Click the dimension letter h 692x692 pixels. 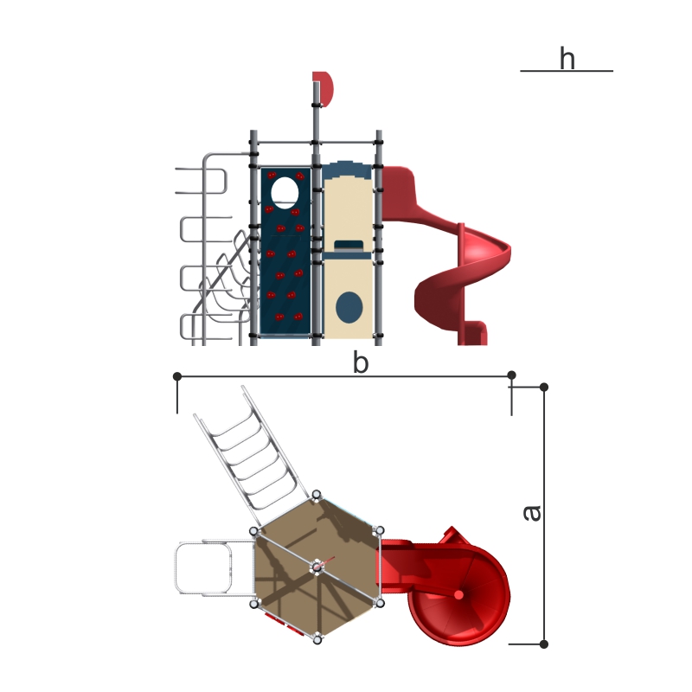tap(567, 58)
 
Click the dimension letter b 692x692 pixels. tap(361, 362)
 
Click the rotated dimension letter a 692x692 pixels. tap(532, 513)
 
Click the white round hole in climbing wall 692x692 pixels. tap(285, 192)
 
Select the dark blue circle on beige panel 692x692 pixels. tap(349, 307)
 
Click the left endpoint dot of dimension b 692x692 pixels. tap(177, 376)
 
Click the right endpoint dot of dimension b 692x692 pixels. tap(511, 375)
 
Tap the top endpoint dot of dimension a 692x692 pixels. tap(544, 387)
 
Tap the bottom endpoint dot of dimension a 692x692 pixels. tap(544, 644)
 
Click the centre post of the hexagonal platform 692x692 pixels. tap(317, 567)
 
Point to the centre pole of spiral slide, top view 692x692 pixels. tap(458, 595)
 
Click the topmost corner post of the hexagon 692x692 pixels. tap(317, 495)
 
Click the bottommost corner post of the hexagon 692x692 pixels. tap(317, 638)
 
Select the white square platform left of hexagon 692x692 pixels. tap(203, 568)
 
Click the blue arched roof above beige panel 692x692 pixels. tap(348, 170)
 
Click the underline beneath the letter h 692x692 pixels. tap(567, 71)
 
